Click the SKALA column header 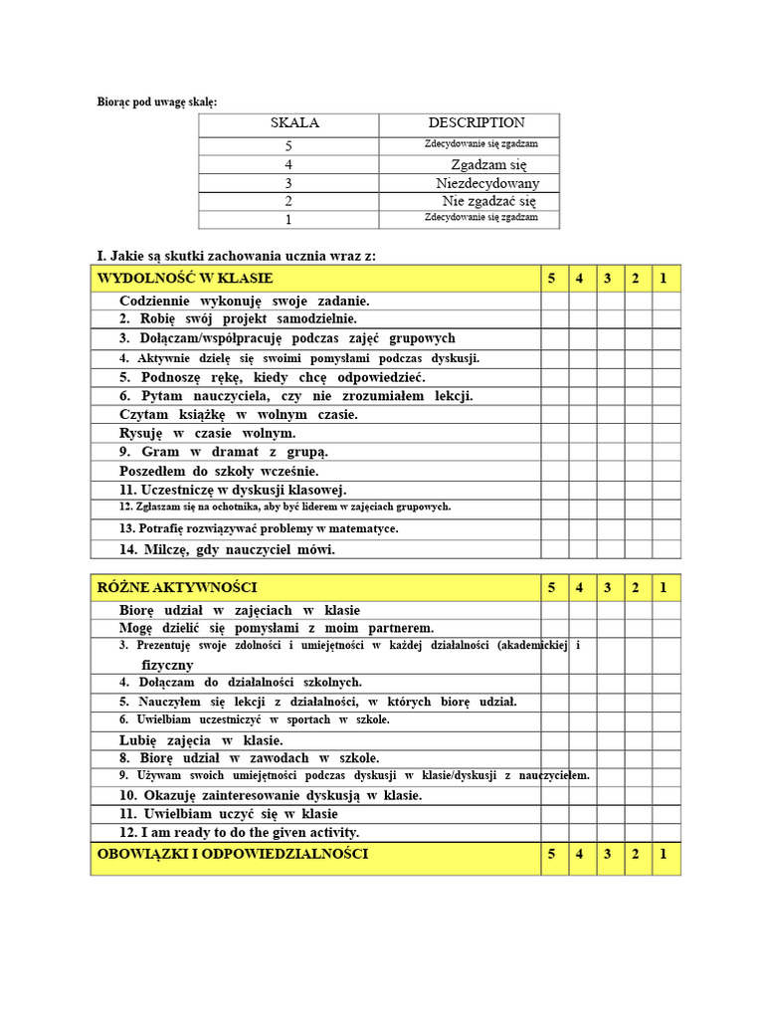294,123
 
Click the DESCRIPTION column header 477,123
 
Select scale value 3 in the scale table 288,183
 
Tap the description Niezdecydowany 487,183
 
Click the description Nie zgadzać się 488,201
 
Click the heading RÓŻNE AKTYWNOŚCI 178,588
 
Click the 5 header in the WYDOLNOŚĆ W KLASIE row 551,278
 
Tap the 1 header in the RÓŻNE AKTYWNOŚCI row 663,588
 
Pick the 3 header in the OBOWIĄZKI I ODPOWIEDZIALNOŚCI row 607,854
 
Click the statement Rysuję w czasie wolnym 208,433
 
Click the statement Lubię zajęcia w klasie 201,740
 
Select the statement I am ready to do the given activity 239,832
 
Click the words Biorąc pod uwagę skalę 156,102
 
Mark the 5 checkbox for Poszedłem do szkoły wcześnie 551,471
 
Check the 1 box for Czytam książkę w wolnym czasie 663,414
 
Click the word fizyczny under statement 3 167,665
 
